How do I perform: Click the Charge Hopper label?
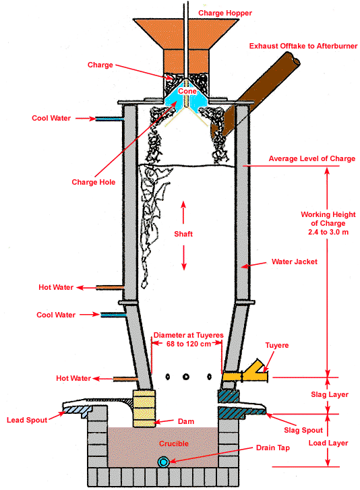coord(225,13)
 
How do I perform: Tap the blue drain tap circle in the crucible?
coord(163,462)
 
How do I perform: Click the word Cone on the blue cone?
coord(187,91)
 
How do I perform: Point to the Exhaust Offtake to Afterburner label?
coord(303,46)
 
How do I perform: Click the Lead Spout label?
coord(27,420)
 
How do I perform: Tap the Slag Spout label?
coord(303,430)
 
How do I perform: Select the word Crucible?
coord(174,443)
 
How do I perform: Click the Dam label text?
coord(186,421)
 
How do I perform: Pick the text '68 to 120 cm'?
coord(189,344)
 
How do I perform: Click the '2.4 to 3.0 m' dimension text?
coord(328,232)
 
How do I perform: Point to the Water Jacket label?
coord(295,262)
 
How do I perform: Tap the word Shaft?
coord(183,234)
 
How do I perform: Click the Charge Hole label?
coord(94,182)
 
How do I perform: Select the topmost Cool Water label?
coord(51,118)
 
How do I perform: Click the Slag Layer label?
coord(330,394)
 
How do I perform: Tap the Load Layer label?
coord(328,443)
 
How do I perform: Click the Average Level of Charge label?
coord(312,158)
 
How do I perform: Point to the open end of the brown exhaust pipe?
coord(293,58)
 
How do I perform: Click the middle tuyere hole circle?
coord(186,377)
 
